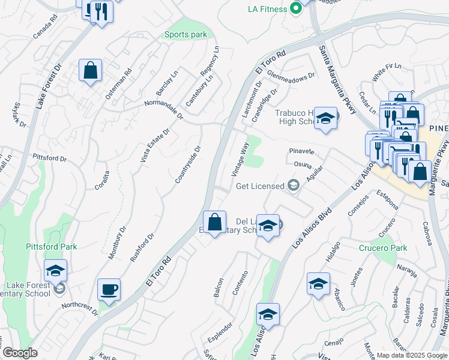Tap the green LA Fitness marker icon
point(295,9)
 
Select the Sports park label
point(185,35)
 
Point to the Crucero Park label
point(384,248)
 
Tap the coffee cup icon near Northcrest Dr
point(109,290)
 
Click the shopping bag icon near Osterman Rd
point(90,71)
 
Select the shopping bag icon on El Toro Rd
point(214,222)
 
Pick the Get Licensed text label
point(260,186)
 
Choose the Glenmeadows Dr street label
point(291,78)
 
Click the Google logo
point(19,353)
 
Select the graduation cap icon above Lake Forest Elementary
point(55,271)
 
